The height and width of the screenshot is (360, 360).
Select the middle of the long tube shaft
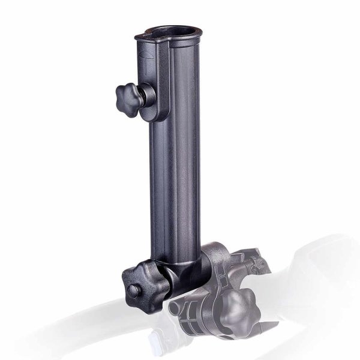[x=174, y=180]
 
